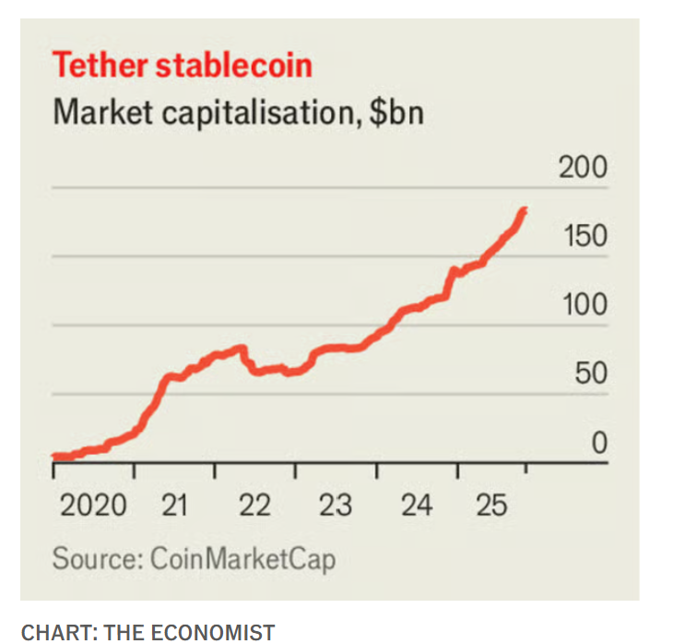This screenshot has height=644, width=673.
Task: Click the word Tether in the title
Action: point(100,66)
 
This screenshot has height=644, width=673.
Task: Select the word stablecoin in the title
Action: point(234,66)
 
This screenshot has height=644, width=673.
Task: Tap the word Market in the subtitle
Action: point(103,113)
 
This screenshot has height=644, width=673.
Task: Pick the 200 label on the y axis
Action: point(583,167)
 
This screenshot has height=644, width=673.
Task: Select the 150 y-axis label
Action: point(585,236)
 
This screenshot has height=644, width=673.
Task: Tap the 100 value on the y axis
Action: point(584,304)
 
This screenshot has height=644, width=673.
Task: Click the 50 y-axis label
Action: point(591,373)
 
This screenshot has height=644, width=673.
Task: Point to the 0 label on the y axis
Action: point(599,442)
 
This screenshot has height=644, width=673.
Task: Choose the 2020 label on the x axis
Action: point(93,506)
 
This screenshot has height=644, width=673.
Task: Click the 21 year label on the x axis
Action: point(174,506)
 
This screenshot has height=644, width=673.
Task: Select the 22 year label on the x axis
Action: point(254,506)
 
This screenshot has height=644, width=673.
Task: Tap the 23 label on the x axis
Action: point(336,506)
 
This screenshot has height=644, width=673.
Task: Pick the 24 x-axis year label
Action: point(417,506)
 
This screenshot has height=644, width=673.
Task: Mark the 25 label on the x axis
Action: point(492,506)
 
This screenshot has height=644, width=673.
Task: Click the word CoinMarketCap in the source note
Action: point(242,559)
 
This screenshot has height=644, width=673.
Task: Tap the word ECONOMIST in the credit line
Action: point(212,633)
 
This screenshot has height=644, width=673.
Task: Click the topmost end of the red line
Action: point(524,209)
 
